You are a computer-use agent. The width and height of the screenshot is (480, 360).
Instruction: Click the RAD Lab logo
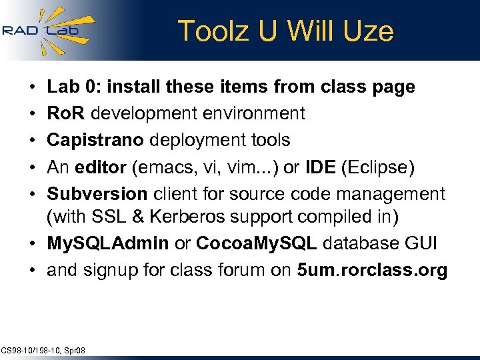pyautogui.click(x=47, y=30)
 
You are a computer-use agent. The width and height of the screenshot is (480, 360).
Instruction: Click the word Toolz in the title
pyautogui.click(x=207, y=31)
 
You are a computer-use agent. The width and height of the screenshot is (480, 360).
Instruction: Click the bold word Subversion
pyautogui.click(x=97, y=194)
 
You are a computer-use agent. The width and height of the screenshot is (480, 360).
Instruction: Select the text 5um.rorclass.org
pyautogui.click(x=372, y=271)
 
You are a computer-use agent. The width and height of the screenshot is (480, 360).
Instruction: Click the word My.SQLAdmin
pyautogui.click(x=108, y=243)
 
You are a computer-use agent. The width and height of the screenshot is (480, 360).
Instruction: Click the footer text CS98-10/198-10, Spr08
pyautogui.click(x=43, y=350)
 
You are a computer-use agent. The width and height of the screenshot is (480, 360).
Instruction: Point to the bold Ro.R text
pyautogui.click(x=66, y=113)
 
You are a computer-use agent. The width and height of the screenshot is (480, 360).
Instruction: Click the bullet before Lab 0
pyautogui.click(x=33, y=87)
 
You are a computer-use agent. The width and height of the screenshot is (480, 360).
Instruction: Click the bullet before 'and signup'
pyautogui.click(x=33, y=271)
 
